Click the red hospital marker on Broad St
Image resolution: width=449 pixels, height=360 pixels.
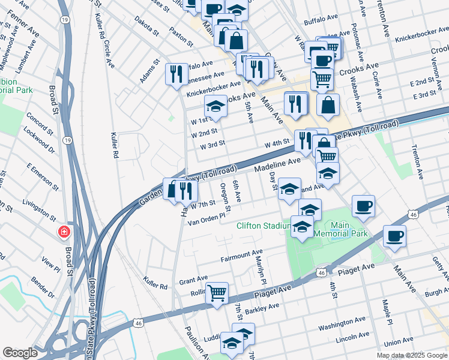(63, 232)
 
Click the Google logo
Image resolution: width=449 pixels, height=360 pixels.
(20, 353)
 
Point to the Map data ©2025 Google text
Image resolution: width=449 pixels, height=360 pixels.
(412, 355)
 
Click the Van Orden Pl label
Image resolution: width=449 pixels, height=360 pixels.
(206, 219)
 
